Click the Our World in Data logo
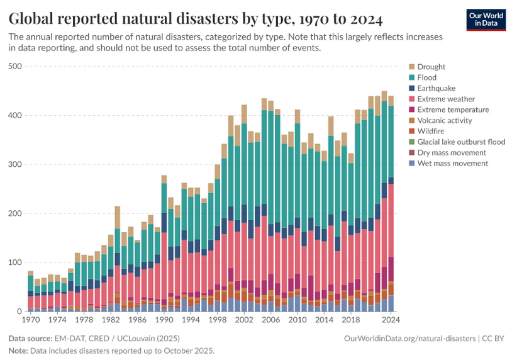tap(486, 20)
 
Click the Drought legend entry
tap(431, 67)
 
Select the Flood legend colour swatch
tap(411, 77)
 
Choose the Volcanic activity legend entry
tap(445, 120)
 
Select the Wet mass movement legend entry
tap(453, 163)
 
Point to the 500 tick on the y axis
tap(14, 66)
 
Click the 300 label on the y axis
tap(14, 164)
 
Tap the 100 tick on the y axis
tap(14, 262)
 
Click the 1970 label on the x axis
tap(30, 320)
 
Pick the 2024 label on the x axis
tap(391, 320)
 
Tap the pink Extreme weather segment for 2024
tap(391, 220)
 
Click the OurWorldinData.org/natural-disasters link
tap(410, 339)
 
